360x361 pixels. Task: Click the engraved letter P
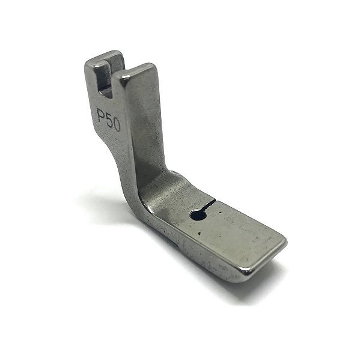(100, 114)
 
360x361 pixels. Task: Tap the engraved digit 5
(109, 120)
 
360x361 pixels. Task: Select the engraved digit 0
(117, 125)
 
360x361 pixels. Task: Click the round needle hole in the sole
(198, 214)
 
